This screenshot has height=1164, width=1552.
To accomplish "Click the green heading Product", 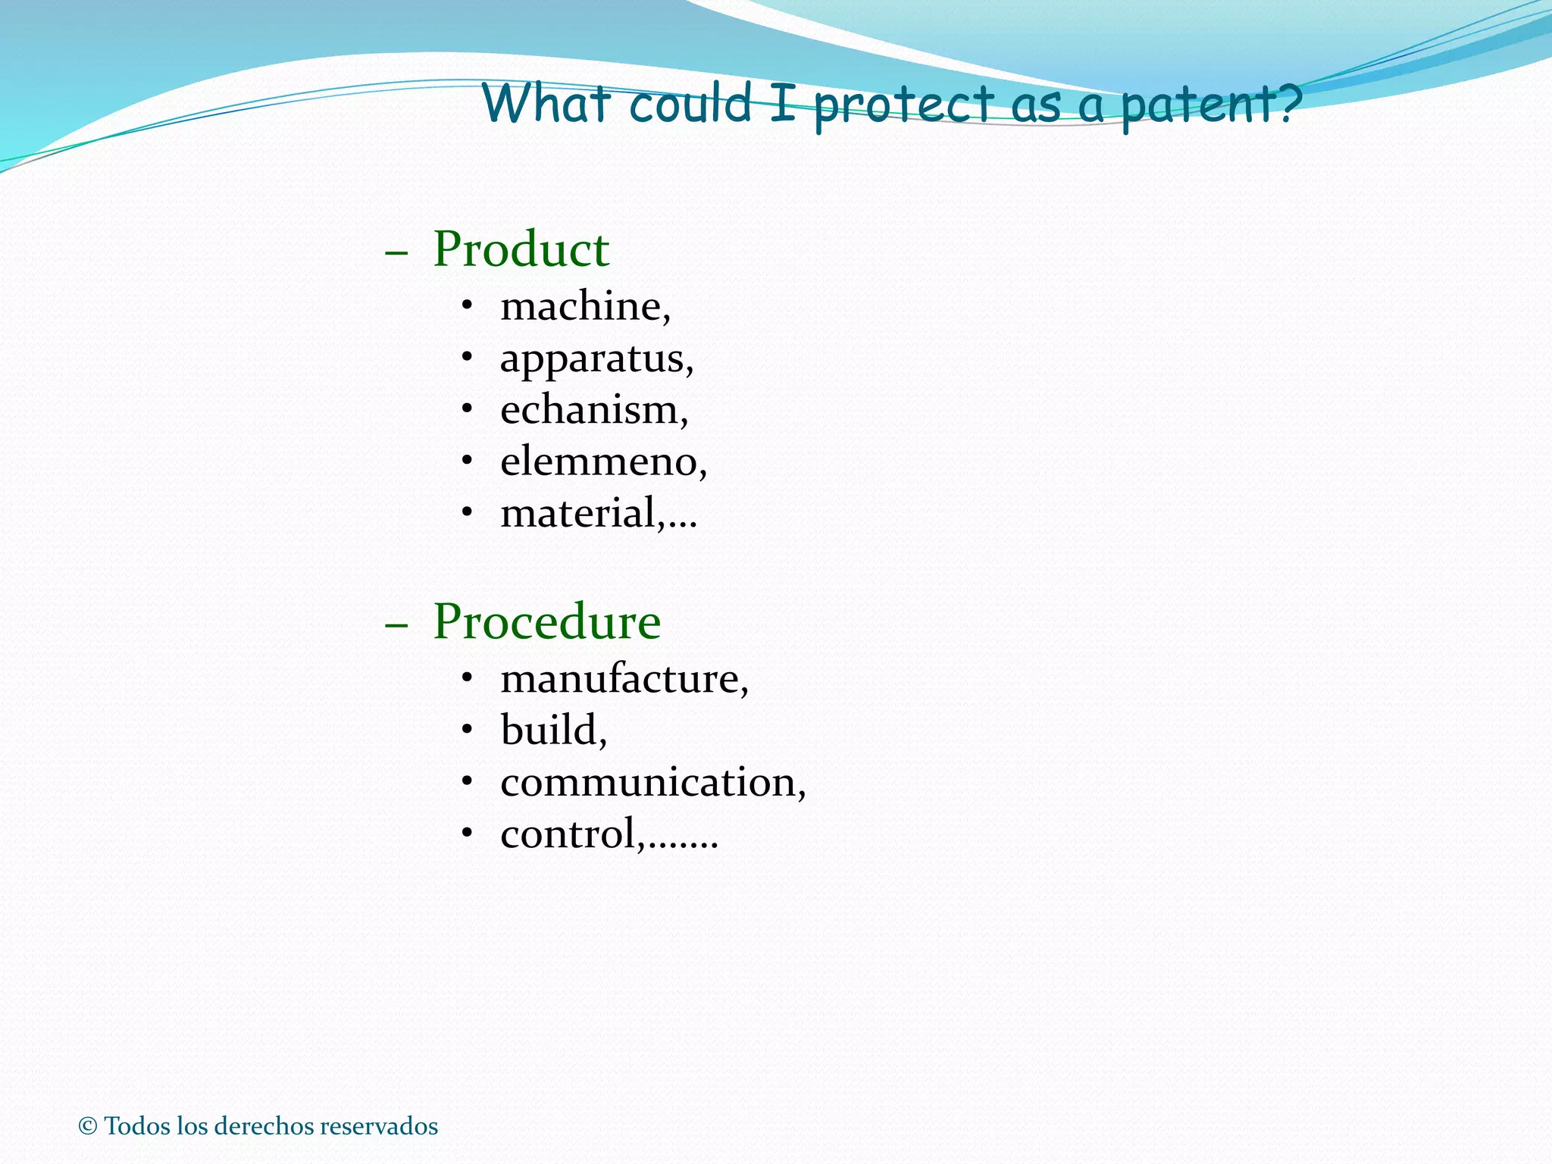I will click(x=521, y=249).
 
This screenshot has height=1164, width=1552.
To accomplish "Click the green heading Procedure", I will click(x=546, y=622).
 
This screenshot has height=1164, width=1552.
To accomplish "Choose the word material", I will click(x=577, y=513).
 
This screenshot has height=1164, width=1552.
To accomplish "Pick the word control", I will click(x=568, y=834).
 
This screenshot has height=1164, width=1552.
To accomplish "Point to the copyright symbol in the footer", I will click(x=88, y=1126).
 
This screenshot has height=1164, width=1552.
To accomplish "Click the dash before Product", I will click(x=396, y=252).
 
